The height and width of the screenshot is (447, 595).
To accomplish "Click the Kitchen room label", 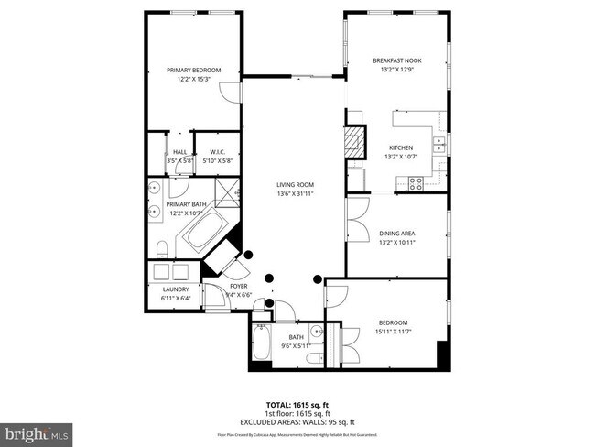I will (400, 147).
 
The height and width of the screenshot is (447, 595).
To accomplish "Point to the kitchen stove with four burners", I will (415, 181).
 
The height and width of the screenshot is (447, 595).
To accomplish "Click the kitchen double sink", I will (439, 145).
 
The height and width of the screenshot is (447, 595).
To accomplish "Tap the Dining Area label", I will (396, 234).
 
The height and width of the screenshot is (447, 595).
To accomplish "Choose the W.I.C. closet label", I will (218, 152).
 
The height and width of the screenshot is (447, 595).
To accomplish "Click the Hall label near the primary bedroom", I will (180, 152).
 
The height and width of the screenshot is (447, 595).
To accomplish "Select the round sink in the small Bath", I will (316, 332).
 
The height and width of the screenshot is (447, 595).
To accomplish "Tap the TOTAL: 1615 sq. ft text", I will (297, 404).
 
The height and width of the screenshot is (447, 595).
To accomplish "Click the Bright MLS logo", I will (37, 431).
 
